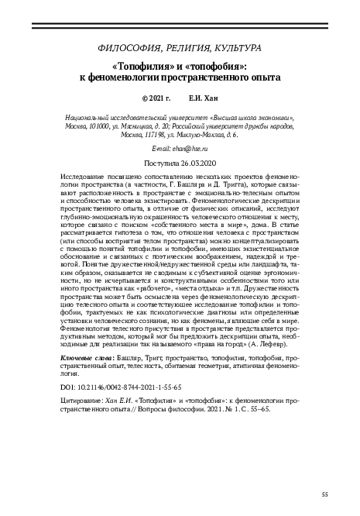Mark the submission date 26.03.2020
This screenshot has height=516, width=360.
[196, 163]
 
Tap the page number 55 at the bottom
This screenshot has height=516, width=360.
[325, 494]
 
